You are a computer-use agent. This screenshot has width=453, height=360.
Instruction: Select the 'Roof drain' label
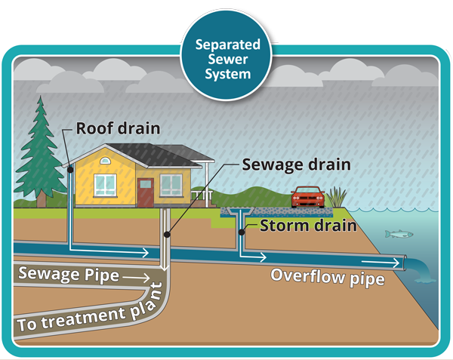click(118, 128)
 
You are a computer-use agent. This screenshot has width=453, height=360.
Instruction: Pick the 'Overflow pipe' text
click(328, 278)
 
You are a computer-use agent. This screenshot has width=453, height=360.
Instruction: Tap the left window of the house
click(103, 182)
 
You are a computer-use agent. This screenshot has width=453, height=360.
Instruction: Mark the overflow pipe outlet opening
click(408, 263)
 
